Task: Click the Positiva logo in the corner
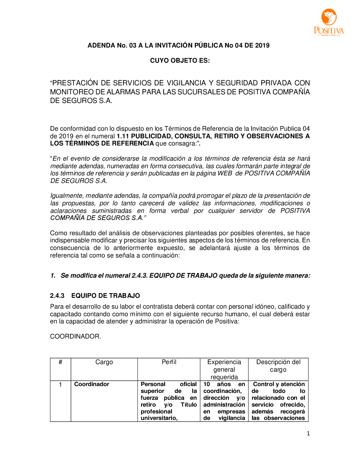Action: [x=329, y=22]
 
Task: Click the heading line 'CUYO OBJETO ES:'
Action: [x=180, y=61]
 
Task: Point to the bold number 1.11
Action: [x=122, y=136]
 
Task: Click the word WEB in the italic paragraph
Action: [x=225, y=173]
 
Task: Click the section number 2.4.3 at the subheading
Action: [x=57, y=296]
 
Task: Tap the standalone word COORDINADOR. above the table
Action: [x=76, y=336]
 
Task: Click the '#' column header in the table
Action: [x=60, y=362]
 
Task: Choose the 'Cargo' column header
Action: [x=104, y=362]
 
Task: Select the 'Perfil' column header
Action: [x=169, y=362]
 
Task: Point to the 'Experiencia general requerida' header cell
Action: [x=224, y=369]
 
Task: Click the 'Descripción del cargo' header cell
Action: [x=278, y=366]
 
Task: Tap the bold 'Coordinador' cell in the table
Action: [x=91, y=384]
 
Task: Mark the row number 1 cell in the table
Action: [x=60, y=385]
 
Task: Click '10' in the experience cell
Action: [x=207, y=384]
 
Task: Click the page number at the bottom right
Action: [x=308, y=434]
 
